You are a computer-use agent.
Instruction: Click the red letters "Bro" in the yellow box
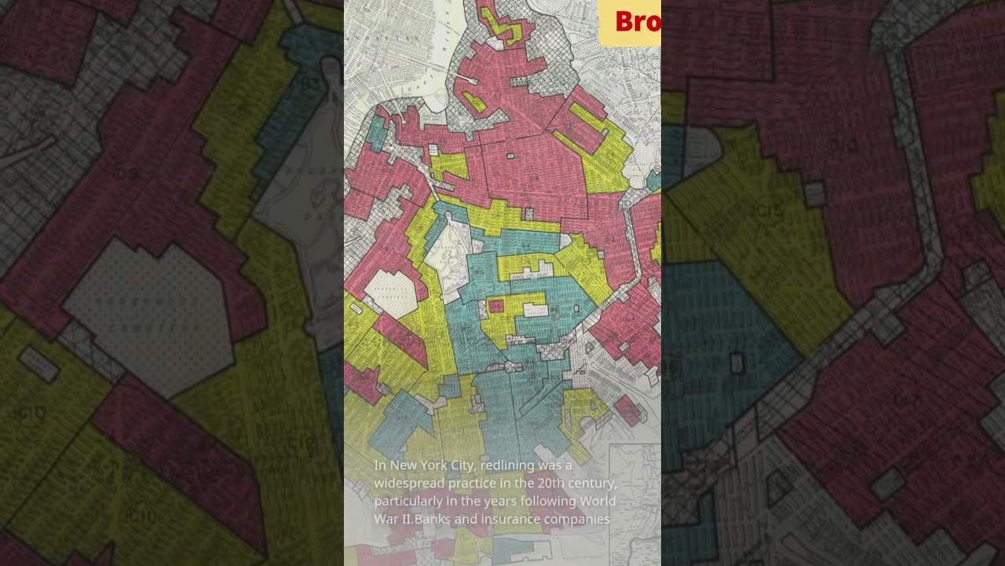coord(637,22)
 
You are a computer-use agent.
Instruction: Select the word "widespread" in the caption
coord(411,483)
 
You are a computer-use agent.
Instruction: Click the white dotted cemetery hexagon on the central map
coord(390,293)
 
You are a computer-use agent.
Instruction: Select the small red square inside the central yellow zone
coord(495,306)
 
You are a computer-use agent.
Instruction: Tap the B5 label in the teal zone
coord(478,273)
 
